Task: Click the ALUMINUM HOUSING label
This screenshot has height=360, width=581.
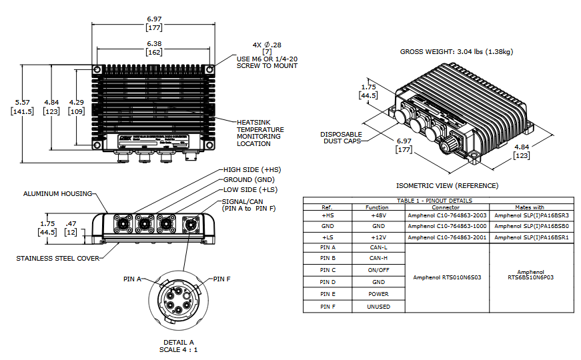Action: coord(58,193)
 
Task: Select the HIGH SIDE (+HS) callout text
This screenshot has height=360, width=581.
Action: coord(250,171)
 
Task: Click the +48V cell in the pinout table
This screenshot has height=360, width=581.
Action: coord(377,215)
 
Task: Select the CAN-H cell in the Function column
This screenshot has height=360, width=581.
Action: coord(377,257)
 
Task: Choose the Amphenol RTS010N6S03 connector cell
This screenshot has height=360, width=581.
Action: coord(447,277)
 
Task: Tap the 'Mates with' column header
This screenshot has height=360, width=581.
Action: coord(531,207)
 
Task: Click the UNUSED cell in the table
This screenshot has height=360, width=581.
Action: coord(377,307)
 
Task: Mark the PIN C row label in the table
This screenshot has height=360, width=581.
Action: coord(328,270)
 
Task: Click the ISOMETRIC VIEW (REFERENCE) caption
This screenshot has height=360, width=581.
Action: coord(447,185)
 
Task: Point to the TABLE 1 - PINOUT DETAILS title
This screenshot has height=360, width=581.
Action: coord(438,200)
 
